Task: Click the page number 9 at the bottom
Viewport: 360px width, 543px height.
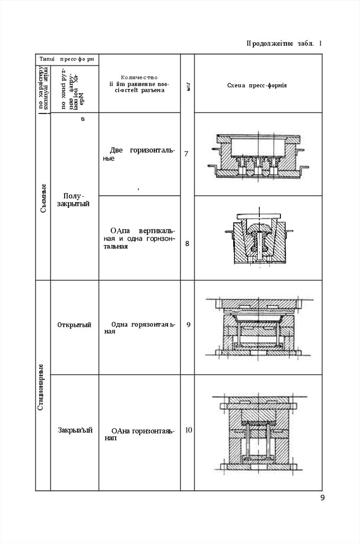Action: pyautogui.click(x=322, y=497)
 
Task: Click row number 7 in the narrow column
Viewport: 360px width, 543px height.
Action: pyautogui.click(x=186, y=154)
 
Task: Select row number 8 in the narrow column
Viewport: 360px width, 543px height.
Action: pyautogui.click(x=187, y=244)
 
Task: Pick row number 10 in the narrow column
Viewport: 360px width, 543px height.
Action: pyautogui.click(x=188, y=430)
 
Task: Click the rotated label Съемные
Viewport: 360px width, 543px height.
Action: pyautogui.click(x=43, y=197)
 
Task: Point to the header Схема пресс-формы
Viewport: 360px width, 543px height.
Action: pyautogui.click(x=257, y=85)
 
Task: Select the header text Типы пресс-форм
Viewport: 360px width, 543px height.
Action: pyautogui.click(x=66, y=59)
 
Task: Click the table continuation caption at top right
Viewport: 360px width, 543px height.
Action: pyautogui.click(x=284, y=43)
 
